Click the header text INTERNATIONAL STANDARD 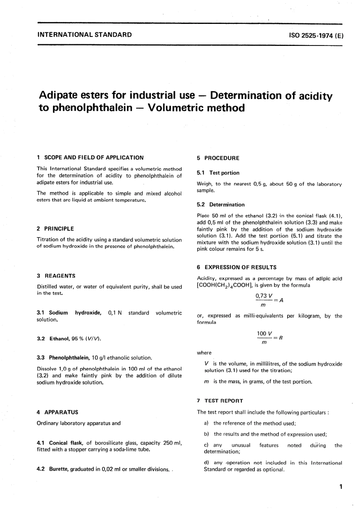[x=85, y=35]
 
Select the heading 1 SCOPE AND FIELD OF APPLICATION [x=90, y=157]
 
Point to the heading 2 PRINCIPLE [x=55, y=229]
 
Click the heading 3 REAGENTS [x=56, y=276]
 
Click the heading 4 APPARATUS [x=58, y=412]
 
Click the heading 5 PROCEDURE [x=218, y=158]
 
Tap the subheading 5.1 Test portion [x=218, y=173]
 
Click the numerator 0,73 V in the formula [x=264, y=295]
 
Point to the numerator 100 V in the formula [x=265, y=333]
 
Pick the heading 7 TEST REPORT [x=220, y=401]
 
